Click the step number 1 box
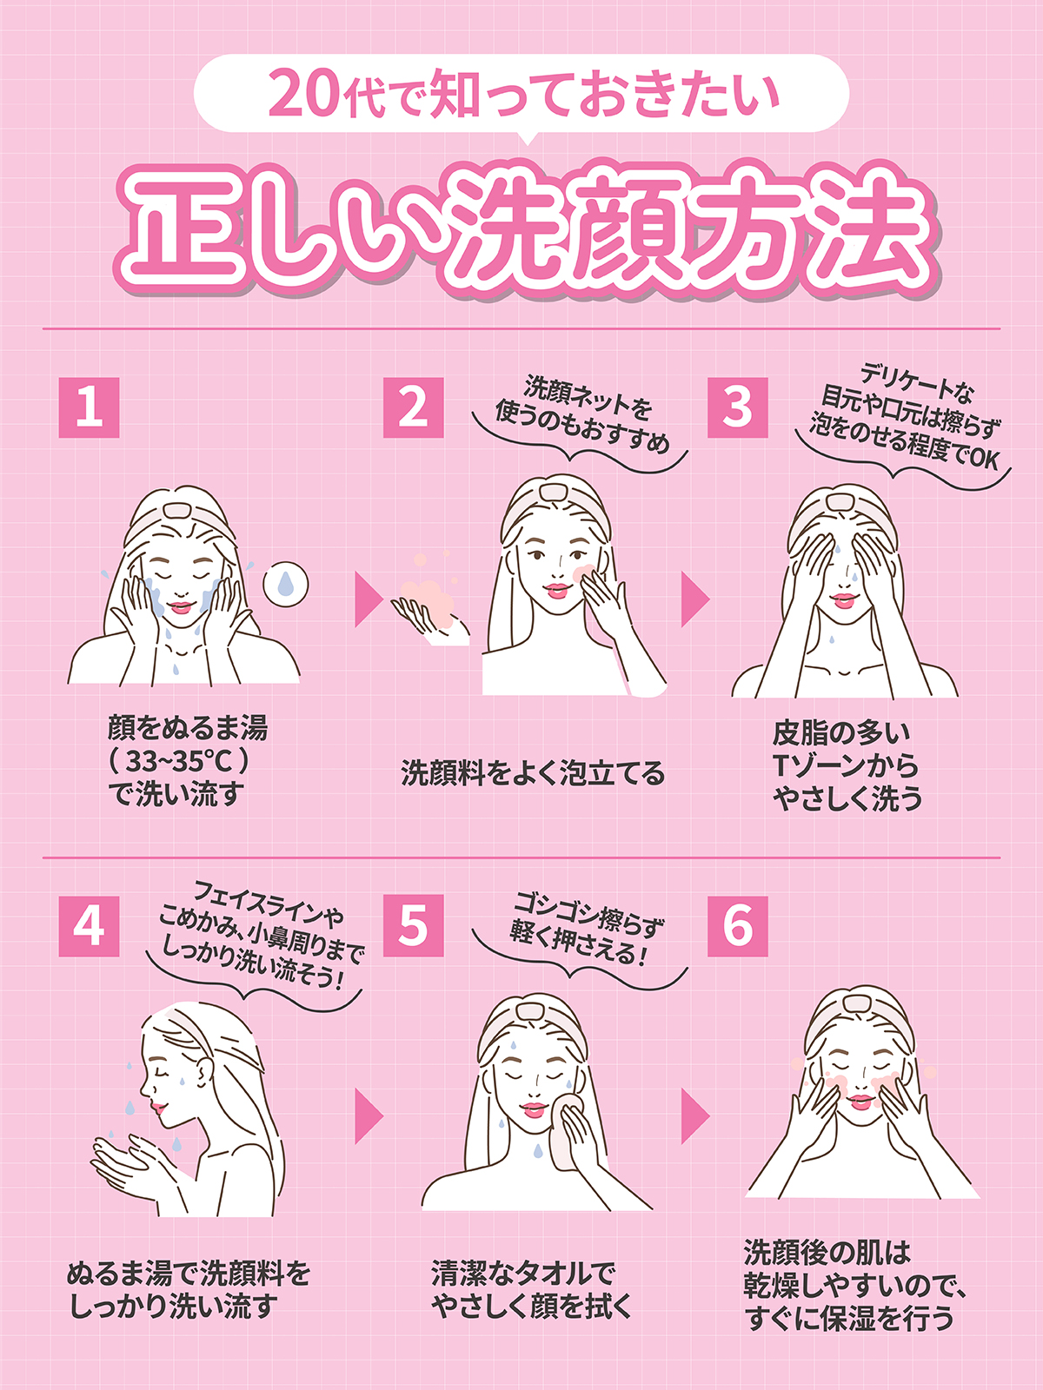point(89,407)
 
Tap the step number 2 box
point(413,407)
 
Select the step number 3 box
point(737,407)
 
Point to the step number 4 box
point(89,926)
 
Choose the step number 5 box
point(413,926)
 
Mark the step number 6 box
point(737,926)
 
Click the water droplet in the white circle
point(286,583)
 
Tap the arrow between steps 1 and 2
point(368,599)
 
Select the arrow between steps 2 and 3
point(694,599)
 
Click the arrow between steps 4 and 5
point(368,1116)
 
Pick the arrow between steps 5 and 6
point(694,1116)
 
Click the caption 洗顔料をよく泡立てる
point(533,772)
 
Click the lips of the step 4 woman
point(157,1108)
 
